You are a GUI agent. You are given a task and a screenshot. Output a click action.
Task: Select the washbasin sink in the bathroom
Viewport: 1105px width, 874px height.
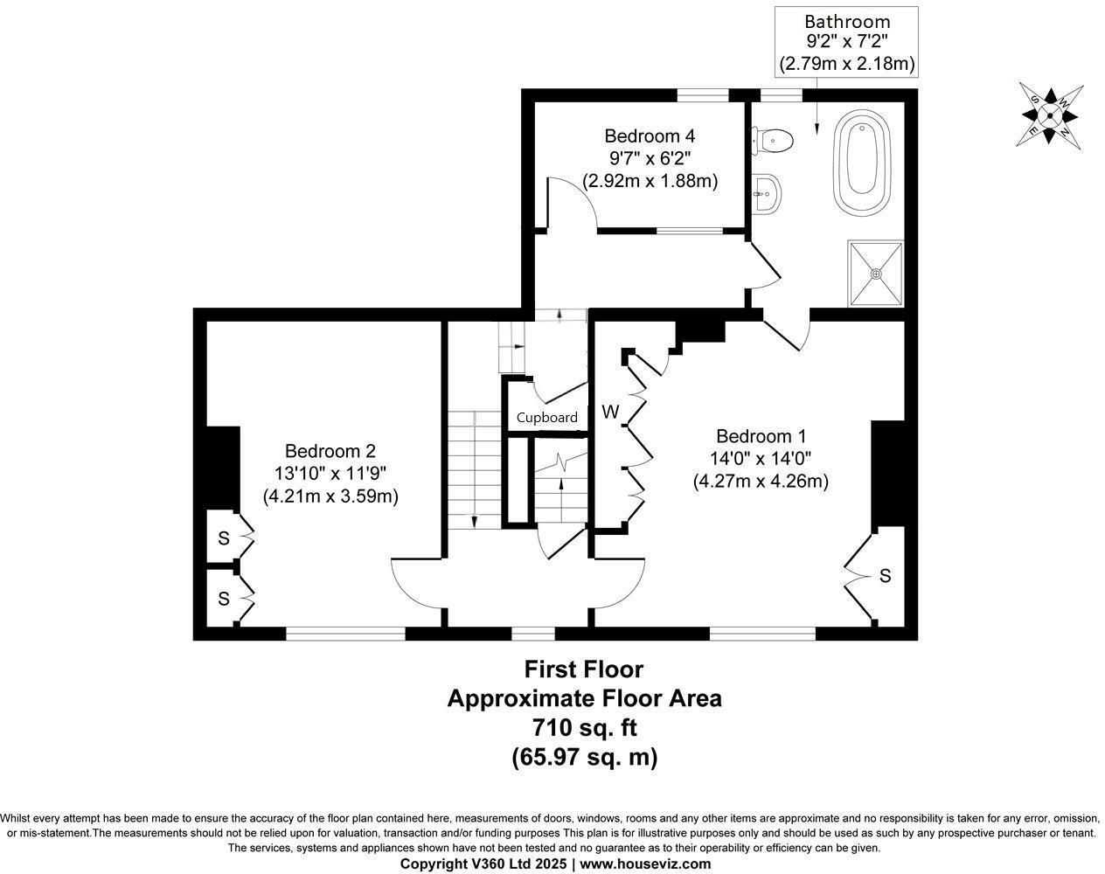point(768,193)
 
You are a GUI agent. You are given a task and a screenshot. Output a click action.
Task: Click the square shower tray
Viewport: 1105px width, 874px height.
point(875,273)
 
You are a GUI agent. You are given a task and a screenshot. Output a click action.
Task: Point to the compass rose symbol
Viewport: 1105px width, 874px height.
point(1050,114)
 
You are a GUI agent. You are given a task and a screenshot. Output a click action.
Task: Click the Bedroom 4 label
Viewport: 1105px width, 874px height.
point(650,136)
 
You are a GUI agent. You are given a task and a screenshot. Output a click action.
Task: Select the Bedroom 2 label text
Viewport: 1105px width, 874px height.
point(330,451)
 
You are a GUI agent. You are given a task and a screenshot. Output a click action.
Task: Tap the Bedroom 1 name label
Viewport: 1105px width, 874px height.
point(761,436)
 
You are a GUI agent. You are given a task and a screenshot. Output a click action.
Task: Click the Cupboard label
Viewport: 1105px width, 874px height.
point(546,418)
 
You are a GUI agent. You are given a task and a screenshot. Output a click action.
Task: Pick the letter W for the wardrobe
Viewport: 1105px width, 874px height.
point(610,412)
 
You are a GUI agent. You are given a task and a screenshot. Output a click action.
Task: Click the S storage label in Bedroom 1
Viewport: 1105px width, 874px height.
point(885,576)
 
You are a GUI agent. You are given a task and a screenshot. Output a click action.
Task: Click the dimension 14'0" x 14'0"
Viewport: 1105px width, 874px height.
point(761,458)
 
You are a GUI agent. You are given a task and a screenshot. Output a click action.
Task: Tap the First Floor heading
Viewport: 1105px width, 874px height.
point(583,669)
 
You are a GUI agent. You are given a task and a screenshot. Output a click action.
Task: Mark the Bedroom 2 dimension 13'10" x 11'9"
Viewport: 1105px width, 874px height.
point(330,473)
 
